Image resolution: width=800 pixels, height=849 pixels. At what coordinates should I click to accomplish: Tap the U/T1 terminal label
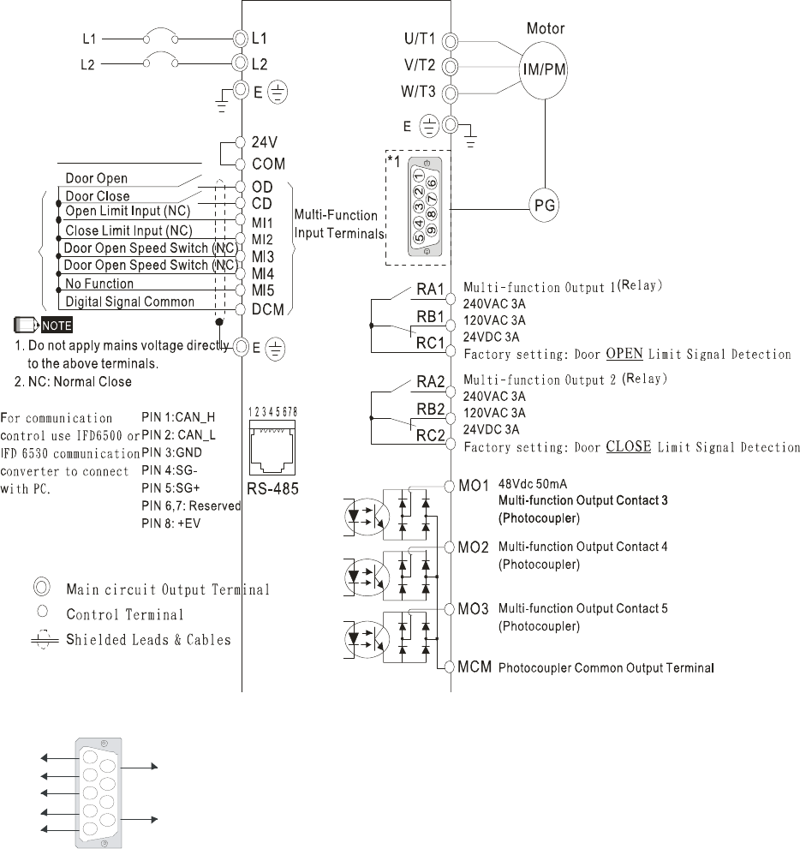(x=420, y=39)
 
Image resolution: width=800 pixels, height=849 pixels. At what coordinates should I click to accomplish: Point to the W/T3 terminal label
(x=418, y=92)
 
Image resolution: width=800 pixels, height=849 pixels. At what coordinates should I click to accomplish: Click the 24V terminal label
(x=264, y=142)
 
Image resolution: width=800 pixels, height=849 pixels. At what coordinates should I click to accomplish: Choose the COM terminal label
(x=268, y=164)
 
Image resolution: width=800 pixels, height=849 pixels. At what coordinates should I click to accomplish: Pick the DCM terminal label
(x=268, y=310)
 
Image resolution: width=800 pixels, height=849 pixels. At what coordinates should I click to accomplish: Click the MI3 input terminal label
(x=262, y=257)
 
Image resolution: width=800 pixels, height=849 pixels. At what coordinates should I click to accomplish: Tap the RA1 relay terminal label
(x=430, y=289)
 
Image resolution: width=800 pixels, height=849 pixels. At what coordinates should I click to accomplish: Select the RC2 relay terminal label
(x=430, y=435)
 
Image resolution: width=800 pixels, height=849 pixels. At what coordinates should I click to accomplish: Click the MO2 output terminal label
(x=473, y=547)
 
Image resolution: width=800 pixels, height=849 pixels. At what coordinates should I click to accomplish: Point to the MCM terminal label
(x=475, y=667)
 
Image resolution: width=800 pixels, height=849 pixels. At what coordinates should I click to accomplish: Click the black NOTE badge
(x=57, y=326)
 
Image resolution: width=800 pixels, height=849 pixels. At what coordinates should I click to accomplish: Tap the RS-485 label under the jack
(x=272, y=489)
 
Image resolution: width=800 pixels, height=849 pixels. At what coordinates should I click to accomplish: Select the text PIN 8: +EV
(x=171, y=523)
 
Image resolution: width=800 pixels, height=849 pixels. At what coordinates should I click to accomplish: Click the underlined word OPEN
(x=624, y=354)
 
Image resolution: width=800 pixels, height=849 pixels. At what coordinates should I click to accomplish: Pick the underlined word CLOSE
(x=629, y=446)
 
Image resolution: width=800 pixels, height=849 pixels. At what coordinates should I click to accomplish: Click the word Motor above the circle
(x=546, y=28)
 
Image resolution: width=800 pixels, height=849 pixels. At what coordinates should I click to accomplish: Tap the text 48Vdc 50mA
(x=533, y=484)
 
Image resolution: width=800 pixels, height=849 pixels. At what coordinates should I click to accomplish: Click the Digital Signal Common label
(x=130, y=302)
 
